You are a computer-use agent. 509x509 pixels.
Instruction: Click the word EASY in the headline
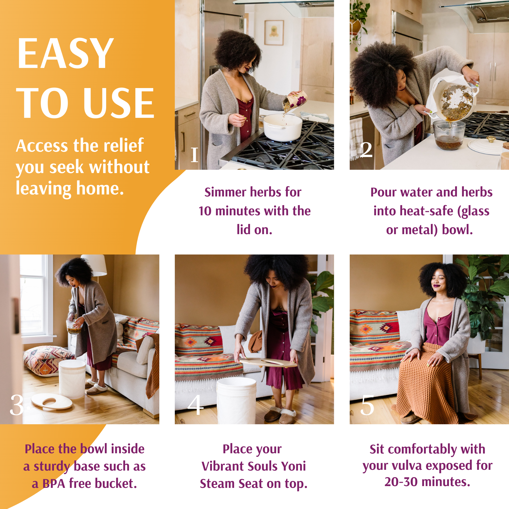click(x=65, y=53)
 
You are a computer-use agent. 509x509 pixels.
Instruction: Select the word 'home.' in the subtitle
click(x=100, y=189)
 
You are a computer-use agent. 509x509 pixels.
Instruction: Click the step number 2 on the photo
click(x=366, y=150)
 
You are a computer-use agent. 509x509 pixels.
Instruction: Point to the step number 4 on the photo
click(x=195, y=405)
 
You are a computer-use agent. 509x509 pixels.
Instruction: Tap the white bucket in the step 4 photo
click(x=236, y=400)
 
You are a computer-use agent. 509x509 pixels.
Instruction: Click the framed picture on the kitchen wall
click(x=274, y=33)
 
